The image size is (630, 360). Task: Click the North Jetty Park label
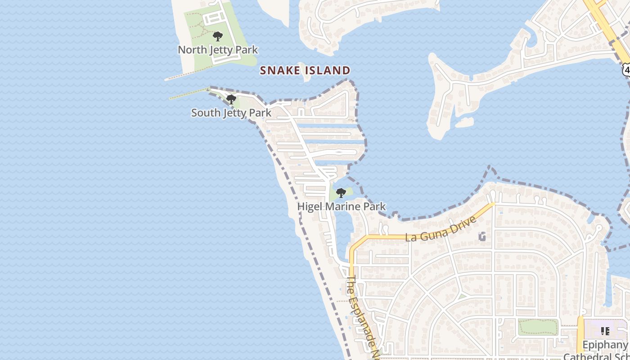218,49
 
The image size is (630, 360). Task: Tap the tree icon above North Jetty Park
218,36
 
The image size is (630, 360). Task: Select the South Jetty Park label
231,112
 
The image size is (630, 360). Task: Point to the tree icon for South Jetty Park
231,99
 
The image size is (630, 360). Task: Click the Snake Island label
305,71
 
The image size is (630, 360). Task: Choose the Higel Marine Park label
342,207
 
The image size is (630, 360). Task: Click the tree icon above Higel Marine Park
341,193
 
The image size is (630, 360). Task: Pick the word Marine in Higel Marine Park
340,207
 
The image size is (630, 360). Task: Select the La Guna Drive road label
441,229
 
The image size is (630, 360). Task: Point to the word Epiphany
605,345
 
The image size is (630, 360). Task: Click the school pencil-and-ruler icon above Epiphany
605,331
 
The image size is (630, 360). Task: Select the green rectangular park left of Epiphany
538,327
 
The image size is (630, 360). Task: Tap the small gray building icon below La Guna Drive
483,236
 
